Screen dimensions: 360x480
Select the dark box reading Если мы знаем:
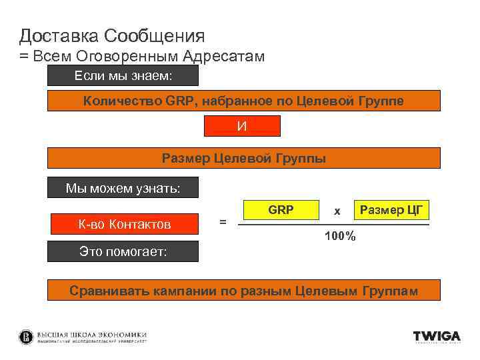point(123,76)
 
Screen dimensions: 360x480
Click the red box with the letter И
point(242,126)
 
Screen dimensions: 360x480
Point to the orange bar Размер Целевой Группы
point(244,158)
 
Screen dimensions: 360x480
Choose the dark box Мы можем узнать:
point(123,188)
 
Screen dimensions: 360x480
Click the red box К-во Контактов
point(125,225)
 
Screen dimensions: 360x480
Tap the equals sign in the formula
point(223,223)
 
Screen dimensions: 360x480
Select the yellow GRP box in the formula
point(281,211)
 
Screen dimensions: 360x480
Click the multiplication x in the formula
point(337,211)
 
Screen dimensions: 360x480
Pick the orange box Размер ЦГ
point(391,211)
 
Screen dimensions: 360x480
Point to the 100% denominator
point(340,237)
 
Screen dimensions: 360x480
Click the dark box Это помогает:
point(123,252)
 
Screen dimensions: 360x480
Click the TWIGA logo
point(436,337)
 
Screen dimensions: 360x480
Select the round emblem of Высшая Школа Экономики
point(26,337)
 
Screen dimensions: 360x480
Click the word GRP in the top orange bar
point(179,101)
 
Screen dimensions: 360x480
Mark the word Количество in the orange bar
point(122,101)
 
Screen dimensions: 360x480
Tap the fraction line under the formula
point(333,225)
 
